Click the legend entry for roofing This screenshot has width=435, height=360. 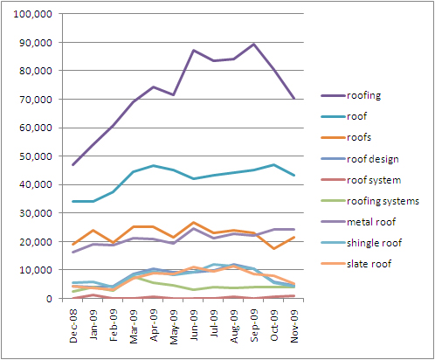(368, 96)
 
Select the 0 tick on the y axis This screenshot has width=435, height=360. (50, 298)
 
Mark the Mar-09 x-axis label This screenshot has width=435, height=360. (134, 324)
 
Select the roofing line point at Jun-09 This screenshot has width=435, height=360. (193, 51)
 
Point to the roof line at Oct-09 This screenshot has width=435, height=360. (273, 164)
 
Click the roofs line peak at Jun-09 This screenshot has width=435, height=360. (193, 223)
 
